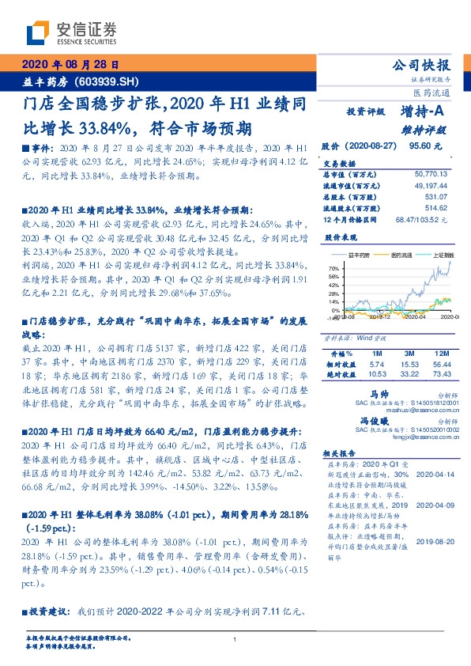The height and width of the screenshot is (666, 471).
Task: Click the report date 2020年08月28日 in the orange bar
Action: [x=69, y=65]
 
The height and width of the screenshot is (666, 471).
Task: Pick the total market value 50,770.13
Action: [x=431, y=173]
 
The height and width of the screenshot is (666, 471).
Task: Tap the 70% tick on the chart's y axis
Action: [x=333, y=269]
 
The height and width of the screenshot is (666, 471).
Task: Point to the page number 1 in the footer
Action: [x=236, y=640]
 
